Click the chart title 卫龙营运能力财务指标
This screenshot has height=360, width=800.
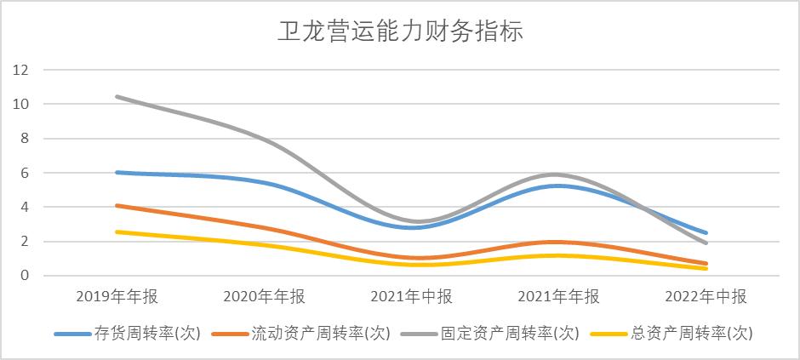click(x=399, y=32)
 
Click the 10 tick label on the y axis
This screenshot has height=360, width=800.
click(x=21, y=104)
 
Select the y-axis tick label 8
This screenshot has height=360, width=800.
click(x=26, y=138)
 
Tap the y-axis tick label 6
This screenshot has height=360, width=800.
click(x=26, y=173)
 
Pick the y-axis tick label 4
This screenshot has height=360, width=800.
click(x=26, y=207)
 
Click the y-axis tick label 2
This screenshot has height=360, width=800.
click(x=26, y=241)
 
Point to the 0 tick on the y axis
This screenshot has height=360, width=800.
click(x=26, y=276)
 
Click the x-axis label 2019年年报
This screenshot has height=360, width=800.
click(x=117, y=296)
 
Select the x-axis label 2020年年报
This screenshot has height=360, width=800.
click(x=264, y=296)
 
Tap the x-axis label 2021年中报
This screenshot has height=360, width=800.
click(x=411, y=296)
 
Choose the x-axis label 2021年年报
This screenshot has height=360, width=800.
click(x=558, y=296)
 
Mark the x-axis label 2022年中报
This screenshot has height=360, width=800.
click(x=706, y=296)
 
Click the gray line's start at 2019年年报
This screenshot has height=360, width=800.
click(x=117, y=96)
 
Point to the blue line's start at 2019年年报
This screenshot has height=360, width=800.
click(x=117, y=172)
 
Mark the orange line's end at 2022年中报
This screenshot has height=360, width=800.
click(x=706, y=264)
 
